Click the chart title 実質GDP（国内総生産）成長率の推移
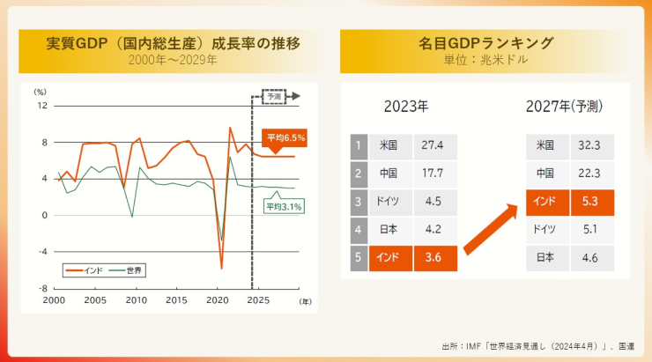[173, 43]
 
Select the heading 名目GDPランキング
[485, 43]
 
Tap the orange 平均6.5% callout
[285, 138]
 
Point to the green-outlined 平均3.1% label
[285, 206]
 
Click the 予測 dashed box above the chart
[274, 96]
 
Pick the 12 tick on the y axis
[42, 106]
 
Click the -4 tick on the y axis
[43, 252]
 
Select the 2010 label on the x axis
[137, 300]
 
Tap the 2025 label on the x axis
[258, 300]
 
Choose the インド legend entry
[85, 271]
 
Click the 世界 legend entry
[126, 271]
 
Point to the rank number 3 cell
[359, 203]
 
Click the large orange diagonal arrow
[491, 229]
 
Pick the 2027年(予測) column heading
[564, 107]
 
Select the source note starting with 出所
[538, 346]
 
